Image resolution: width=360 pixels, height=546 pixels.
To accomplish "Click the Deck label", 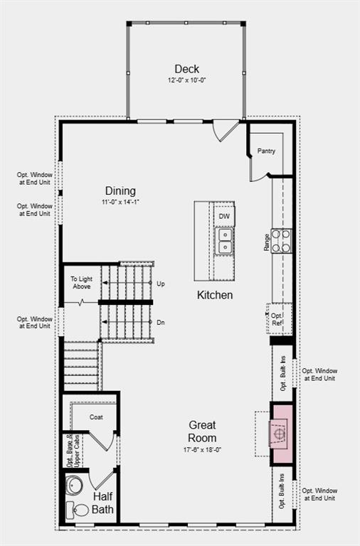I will [186, 69].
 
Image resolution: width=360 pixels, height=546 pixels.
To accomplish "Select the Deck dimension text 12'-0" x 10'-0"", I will [186, 81].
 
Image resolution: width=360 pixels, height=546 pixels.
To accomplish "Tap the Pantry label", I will [266, 151].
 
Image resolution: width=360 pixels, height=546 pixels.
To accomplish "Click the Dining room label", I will [120, 191].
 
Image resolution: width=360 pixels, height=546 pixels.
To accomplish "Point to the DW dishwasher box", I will [224, 215].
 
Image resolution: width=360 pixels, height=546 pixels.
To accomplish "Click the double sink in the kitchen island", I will [224, 241].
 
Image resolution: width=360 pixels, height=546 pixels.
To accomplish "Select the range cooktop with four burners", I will [282, 240].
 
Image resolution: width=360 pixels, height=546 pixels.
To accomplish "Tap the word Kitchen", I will [215, 294].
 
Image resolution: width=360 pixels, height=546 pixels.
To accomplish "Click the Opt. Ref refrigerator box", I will [277, 319].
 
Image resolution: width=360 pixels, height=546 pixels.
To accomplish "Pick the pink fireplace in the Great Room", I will [280, 432].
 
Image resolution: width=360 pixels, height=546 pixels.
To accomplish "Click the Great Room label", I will [202, 432].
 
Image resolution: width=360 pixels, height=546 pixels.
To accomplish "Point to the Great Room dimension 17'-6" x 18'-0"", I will [202, 450].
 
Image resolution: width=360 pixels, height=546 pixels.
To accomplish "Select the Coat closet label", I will [97, 417].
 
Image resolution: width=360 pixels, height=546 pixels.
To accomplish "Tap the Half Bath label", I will [102, 503].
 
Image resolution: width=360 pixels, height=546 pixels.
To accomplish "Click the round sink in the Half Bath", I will [73, 486].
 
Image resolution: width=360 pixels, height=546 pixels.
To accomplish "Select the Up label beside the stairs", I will [161, 284].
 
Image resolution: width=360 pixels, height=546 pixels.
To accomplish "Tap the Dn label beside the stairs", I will [161, 322].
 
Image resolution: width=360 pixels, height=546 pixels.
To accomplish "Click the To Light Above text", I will [80, 282].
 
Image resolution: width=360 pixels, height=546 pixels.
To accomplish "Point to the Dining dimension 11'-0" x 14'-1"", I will [120, 202].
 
